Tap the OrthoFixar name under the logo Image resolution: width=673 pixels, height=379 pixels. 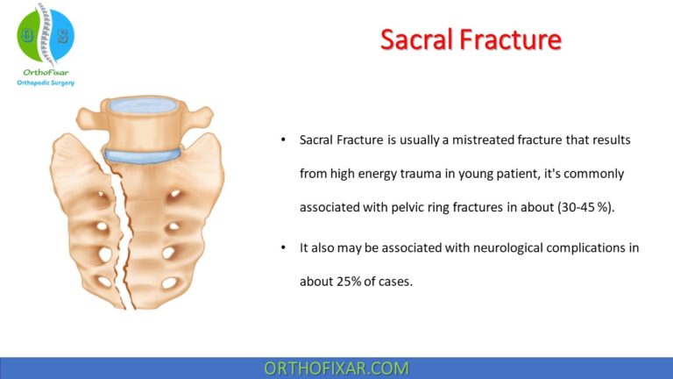(46, 72)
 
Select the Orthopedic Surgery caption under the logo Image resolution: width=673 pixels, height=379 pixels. (46, 83)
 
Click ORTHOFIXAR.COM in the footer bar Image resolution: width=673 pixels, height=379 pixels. (336, 368)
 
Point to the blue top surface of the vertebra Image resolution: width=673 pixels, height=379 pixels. (144, 106)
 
